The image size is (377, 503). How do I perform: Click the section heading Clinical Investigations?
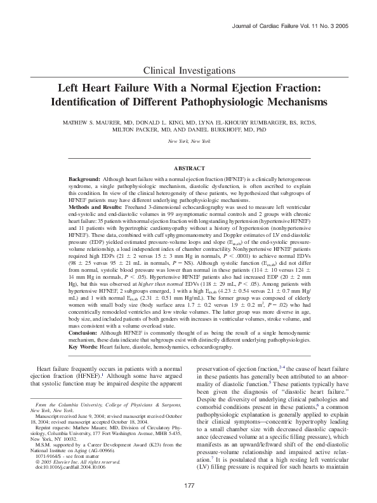[189, 69]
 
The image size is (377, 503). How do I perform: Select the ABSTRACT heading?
[189, 168]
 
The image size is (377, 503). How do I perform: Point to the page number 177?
[189, 486]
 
